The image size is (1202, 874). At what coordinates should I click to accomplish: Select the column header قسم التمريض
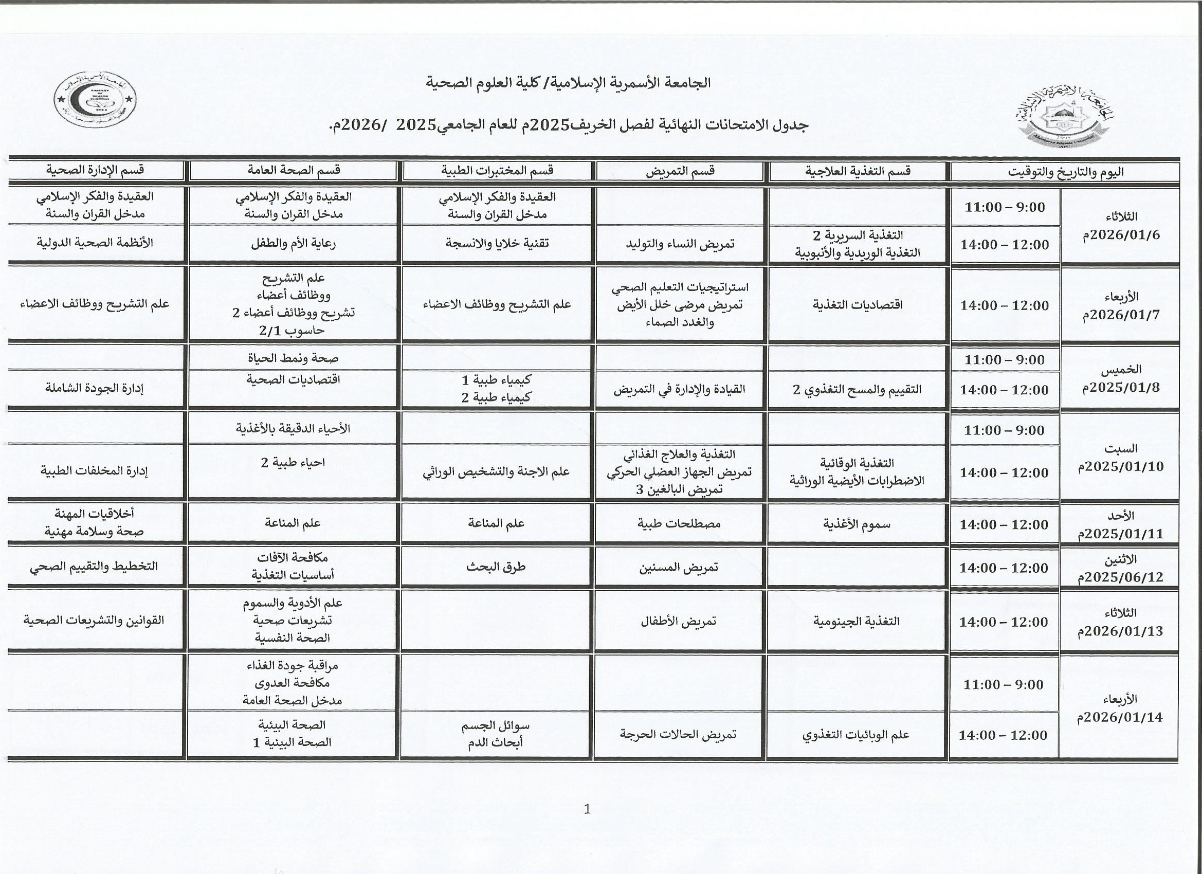pos(680,171)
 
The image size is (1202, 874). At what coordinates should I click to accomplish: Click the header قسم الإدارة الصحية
pos(96,170)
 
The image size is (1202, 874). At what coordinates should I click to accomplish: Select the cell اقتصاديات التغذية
pos(858,305)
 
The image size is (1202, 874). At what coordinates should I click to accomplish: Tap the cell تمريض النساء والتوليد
pos(680,244)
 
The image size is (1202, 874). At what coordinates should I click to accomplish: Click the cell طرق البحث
pos(496,567)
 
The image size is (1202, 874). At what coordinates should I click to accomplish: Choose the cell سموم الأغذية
pos(857,524)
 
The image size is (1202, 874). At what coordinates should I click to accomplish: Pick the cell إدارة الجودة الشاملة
pos(96,388)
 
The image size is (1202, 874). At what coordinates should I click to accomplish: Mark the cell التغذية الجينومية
pos(857,621)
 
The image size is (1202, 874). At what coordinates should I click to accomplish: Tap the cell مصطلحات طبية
pos(679,524)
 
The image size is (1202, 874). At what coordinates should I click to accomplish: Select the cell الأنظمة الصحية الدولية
pos(96,243)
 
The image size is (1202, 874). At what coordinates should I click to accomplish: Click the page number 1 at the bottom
pos(587,809)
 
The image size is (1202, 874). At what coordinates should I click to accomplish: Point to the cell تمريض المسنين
pos(679,567)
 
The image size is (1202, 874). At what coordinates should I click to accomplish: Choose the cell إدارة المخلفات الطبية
pos(96,471)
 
